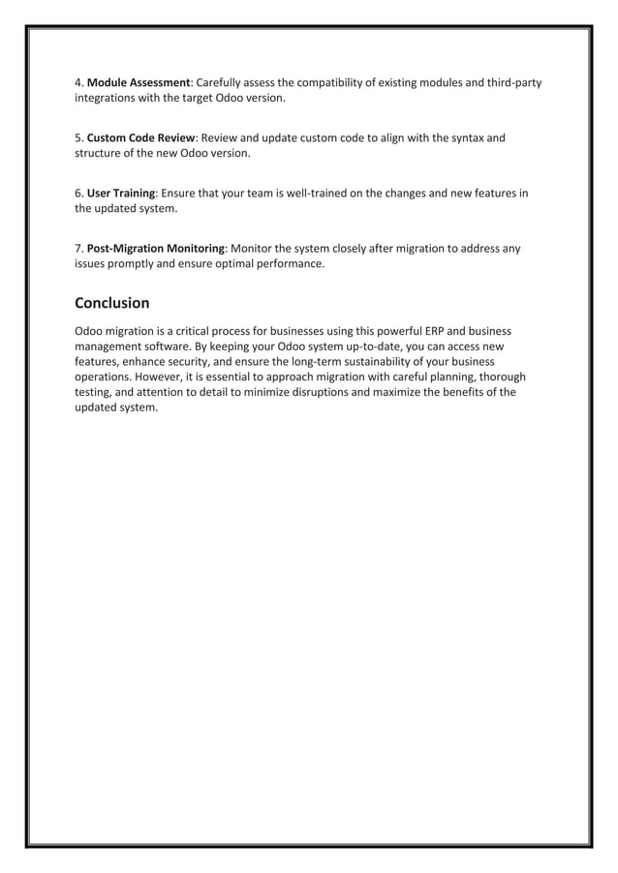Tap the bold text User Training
click(x=121, y=193)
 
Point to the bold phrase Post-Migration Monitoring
click(x=156, y=248)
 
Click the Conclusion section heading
click(x=112, y=303)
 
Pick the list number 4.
click(x=78, y=82)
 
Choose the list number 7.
click(x=78, y=248)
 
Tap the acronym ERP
click(x=431, y=331)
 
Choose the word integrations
click(x=108, y=98)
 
